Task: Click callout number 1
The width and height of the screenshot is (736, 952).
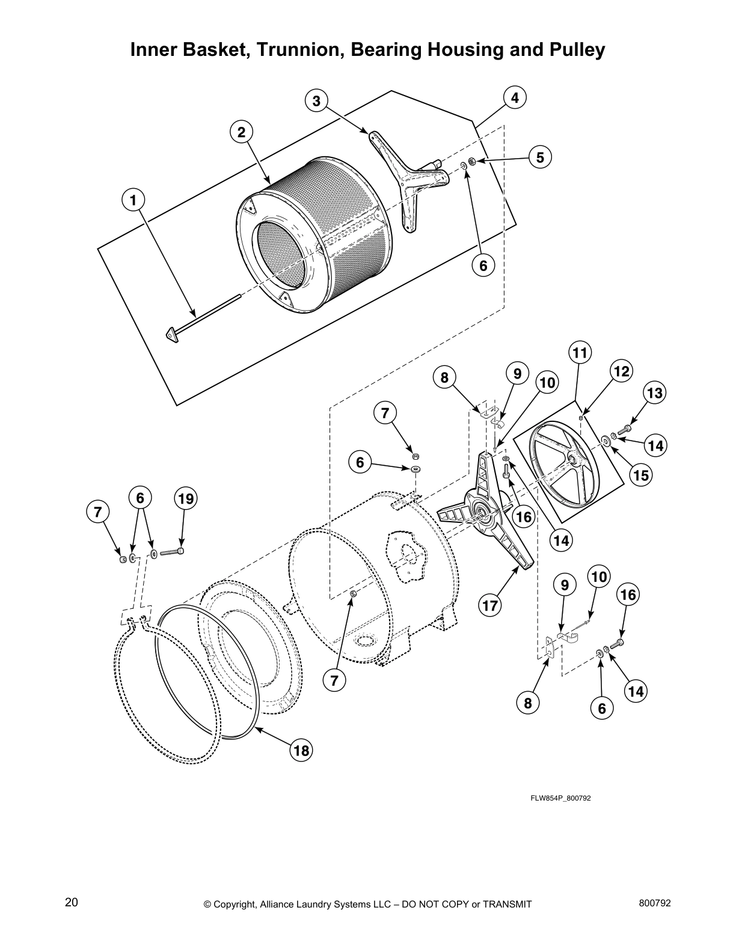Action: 133,200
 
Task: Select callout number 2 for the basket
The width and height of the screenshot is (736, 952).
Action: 242,132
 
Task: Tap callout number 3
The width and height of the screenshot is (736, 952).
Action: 317,100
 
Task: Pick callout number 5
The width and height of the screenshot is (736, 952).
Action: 540,157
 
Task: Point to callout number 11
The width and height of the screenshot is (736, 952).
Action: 579,352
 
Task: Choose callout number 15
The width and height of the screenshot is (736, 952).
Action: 641,475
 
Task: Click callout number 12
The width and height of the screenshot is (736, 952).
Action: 621,371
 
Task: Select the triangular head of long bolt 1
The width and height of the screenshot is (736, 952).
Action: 173,334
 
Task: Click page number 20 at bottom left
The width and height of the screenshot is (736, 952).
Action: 72,902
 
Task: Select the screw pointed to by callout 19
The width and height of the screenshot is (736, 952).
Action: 173,551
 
